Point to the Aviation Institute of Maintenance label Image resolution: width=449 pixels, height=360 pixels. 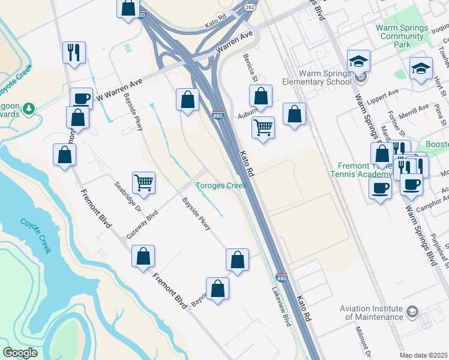tap(371, 313)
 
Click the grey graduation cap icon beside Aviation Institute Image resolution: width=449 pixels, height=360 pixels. tap(412, 311)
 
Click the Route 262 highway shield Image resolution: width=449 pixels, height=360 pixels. tap(250, 7)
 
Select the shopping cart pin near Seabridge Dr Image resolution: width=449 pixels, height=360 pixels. tap(143, 182)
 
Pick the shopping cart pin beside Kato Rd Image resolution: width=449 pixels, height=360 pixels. tap(263, 127)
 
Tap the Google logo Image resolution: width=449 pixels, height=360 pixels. tap(20, 353)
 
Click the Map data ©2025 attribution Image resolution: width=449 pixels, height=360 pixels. tap(424, 355)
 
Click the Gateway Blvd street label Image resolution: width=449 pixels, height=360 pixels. tap(142, 223)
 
